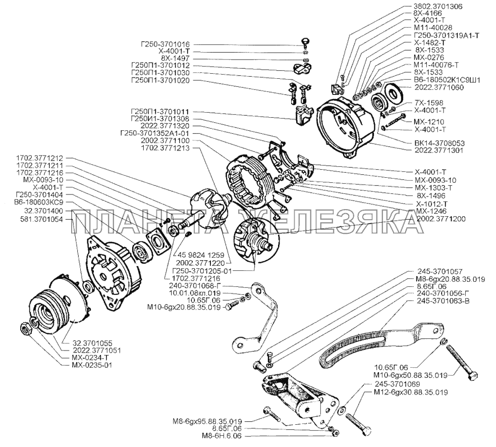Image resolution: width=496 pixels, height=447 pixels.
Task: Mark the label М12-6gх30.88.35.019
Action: pyautogui.click(x=412, y=392)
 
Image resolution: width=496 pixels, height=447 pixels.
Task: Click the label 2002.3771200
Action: pyautogui.click(x=442, y=219)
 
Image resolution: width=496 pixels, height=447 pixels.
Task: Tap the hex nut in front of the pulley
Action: pyautogui.click(x=25, y=329)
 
